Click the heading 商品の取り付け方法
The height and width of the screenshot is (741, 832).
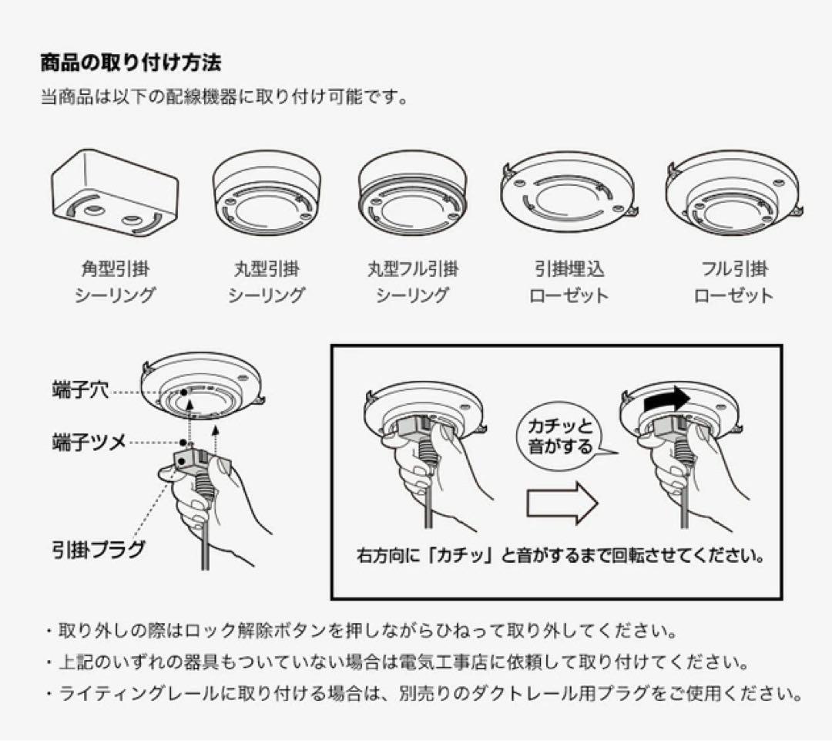click(131, 62)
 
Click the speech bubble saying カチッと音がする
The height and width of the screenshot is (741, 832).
click(561, 436)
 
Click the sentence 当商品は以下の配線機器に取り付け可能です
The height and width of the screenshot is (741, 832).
click(223, 98)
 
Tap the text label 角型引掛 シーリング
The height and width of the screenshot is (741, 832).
click(115, 282)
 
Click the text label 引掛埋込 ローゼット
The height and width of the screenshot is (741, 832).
click(569, 282)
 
